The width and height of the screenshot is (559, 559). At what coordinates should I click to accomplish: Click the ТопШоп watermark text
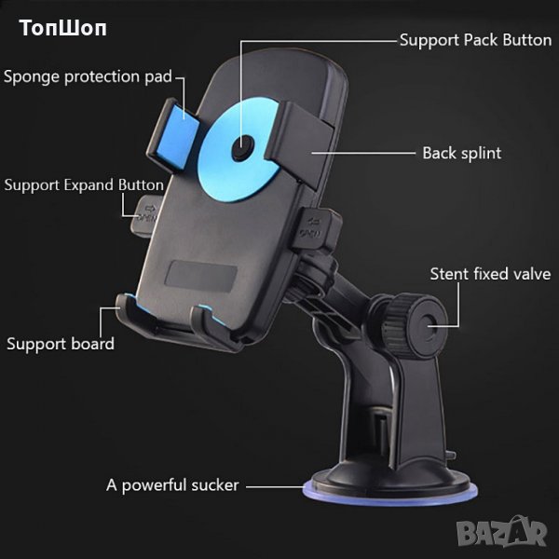[x=63, y=27]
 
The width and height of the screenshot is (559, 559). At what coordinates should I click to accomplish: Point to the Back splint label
[x=461, y=153]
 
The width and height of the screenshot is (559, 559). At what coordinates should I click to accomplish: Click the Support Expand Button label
[x=84, y=184]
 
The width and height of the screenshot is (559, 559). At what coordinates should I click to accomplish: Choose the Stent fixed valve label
[x=489, y=274]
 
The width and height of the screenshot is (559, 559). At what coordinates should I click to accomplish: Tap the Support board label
[x=61, y=344]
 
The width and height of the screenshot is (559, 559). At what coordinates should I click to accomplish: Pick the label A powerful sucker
[x=172, y=484]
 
